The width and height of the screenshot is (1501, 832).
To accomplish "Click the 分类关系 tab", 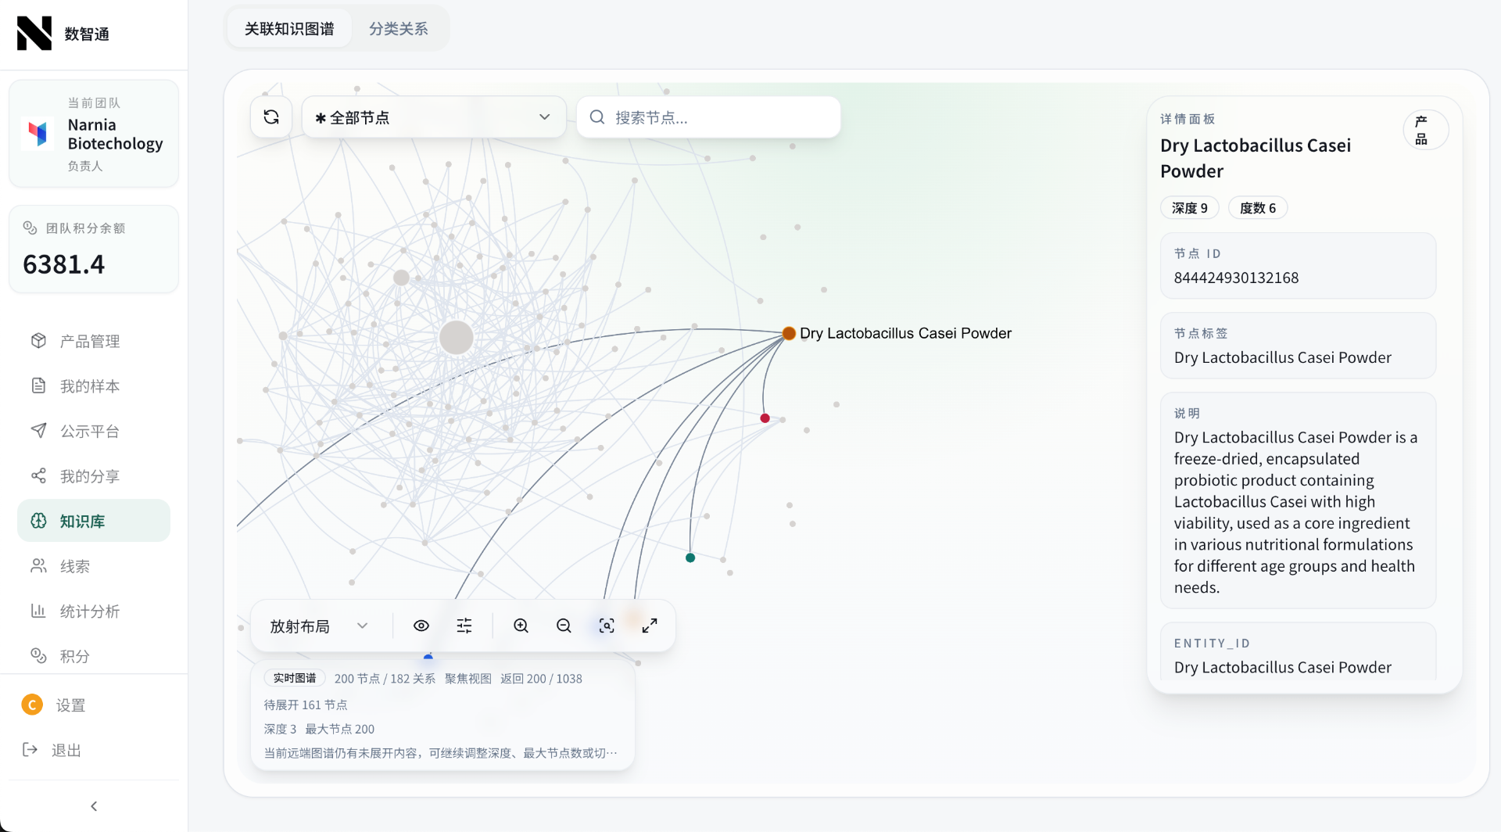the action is point(398,29).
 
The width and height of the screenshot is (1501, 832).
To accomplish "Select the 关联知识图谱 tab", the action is point(289,29).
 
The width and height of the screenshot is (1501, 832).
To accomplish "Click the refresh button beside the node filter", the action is point(271,117).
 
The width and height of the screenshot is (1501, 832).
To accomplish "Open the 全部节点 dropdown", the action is point(434,117).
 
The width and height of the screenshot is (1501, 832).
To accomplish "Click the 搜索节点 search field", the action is point(708,117).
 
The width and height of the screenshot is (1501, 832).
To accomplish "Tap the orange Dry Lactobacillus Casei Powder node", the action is point(789,334).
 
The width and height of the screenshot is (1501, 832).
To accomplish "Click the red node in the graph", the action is point(765,418).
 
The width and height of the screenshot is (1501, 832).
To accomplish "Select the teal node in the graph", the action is point(690,558).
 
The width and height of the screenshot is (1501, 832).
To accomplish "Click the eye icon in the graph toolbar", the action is point(421,626).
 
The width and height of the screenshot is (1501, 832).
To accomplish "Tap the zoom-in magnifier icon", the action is point(521,626).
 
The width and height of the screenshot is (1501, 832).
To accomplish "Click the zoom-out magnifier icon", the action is point(564,626).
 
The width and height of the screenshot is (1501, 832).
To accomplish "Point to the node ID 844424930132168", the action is point(1236,278).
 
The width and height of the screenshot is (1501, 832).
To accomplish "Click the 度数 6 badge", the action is point(1258,208).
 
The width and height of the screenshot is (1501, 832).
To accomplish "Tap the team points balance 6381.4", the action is point(63,264).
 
